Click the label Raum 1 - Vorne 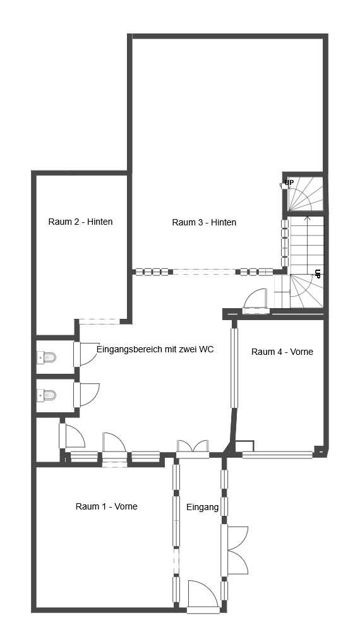coord(106,506)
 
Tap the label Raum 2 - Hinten coord(80,222)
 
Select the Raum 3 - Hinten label coord(204,222)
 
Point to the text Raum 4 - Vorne coord(282,352)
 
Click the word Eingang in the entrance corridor coord(202,507)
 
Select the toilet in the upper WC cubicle coord(47,358)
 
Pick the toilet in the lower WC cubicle coord(47,396)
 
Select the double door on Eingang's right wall coord(235,551)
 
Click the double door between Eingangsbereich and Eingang coord(193,447)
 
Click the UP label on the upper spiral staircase coord(289,182)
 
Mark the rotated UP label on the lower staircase coord(318,274)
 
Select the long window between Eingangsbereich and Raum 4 coord(234,368)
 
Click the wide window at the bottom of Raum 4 coord(278,454)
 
